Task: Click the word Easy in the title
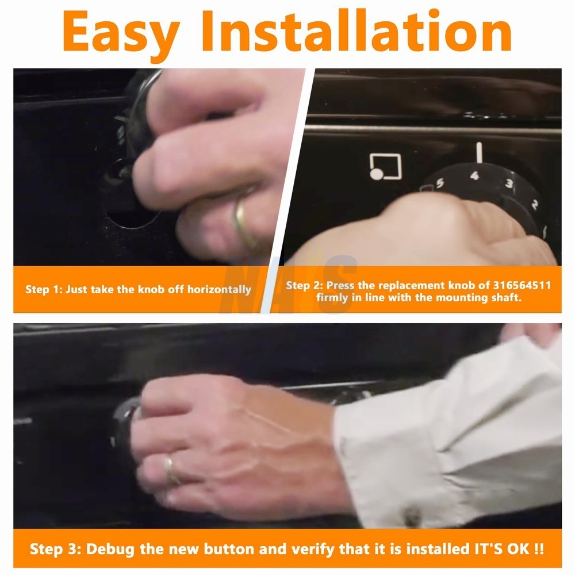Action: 121,33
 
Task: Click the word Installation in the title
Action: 356,30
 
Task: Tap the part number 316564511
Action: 522,285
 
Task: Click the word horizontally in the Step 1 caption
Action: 219,290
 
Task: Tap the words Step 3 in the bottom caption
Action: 56,549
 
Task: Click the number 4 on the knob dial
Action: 474,175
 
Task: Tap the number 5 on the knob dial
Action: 440,183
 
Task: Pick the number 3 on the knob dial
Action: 509,183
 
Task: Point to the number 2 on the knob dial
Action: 535,204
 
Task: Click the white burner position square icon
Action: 385,167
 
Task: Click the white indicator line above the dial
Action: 479,152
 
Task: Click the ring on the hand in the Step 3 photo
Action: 171,470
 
